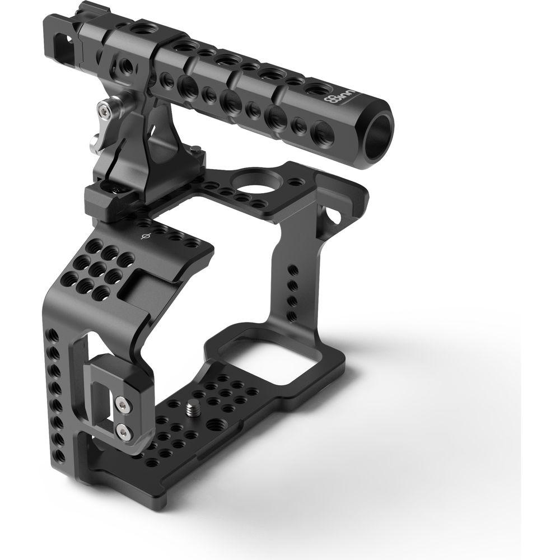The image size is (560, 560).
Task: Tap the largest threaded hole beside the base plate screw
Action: [212, 424]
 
